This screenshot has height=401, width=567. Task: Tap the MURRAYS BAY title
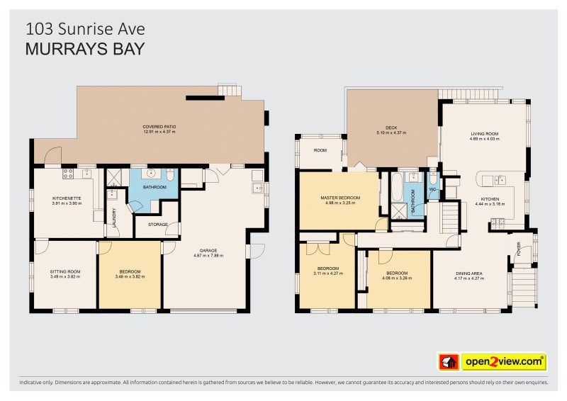85,49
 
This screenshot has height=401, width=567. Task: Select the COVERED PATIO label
159,127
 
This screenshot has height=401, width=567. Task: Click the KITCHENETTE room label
67,198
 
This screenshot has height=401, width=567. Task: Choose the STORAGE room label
157,225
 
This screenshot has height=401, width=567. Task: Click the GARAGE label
208,250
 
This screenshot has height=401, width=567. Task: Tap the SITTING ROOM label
64,271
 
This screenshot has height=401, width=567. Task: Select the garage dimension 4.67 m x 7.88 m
208,256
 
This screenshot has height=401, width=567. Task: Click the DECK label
391,128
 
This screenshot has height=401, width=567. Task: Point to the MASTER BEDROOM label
339,198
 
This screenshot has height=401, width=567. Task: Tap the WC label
432,189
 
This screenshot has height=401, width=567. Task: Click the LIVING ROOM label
485,133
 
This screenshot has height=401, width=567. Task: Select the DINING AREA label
468,273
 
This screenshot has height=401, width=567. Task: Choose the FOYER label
518,249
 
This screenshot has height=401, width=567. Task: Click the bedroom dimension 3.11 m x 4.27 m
326,273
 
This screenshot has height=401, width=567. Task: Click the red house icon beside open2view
449,362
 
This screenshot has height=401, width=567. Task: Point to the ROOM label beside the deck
320,150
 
